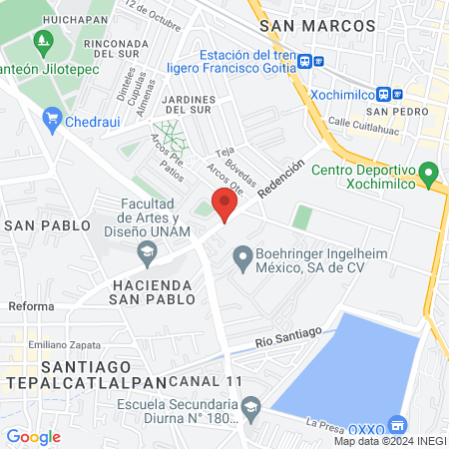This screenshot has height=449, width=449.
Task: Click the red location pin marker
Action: pyautogui.click(x=225, y=204)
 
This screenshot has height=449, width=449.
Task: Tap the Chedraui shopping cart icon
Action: pyautogui.click(x=53, y=121)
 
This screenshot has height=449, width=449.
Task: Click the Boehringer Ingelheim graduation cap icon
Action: pyautogui.click(x=241, y=260)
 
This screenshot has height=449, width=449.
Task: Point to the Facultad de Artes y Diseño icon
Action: pyautogui.click(x=147, y=250)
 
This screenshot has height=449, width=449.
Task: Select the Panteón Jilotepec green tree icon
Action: pyautogui.click(x=42, y=42)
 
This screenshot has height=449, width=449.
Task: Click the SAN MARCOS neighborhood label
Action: pyautogui.click(x=303, y=26)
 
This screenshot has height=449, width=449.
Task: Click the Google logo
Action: pyautogui.click(x=33, y=436)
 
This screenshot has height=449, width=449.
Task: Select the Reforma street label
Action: pyautogui.click(x=30, y=304)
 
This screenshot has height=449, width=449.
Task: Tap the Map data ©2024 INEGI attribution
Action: pyautogui.click(x=389, y=441)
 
